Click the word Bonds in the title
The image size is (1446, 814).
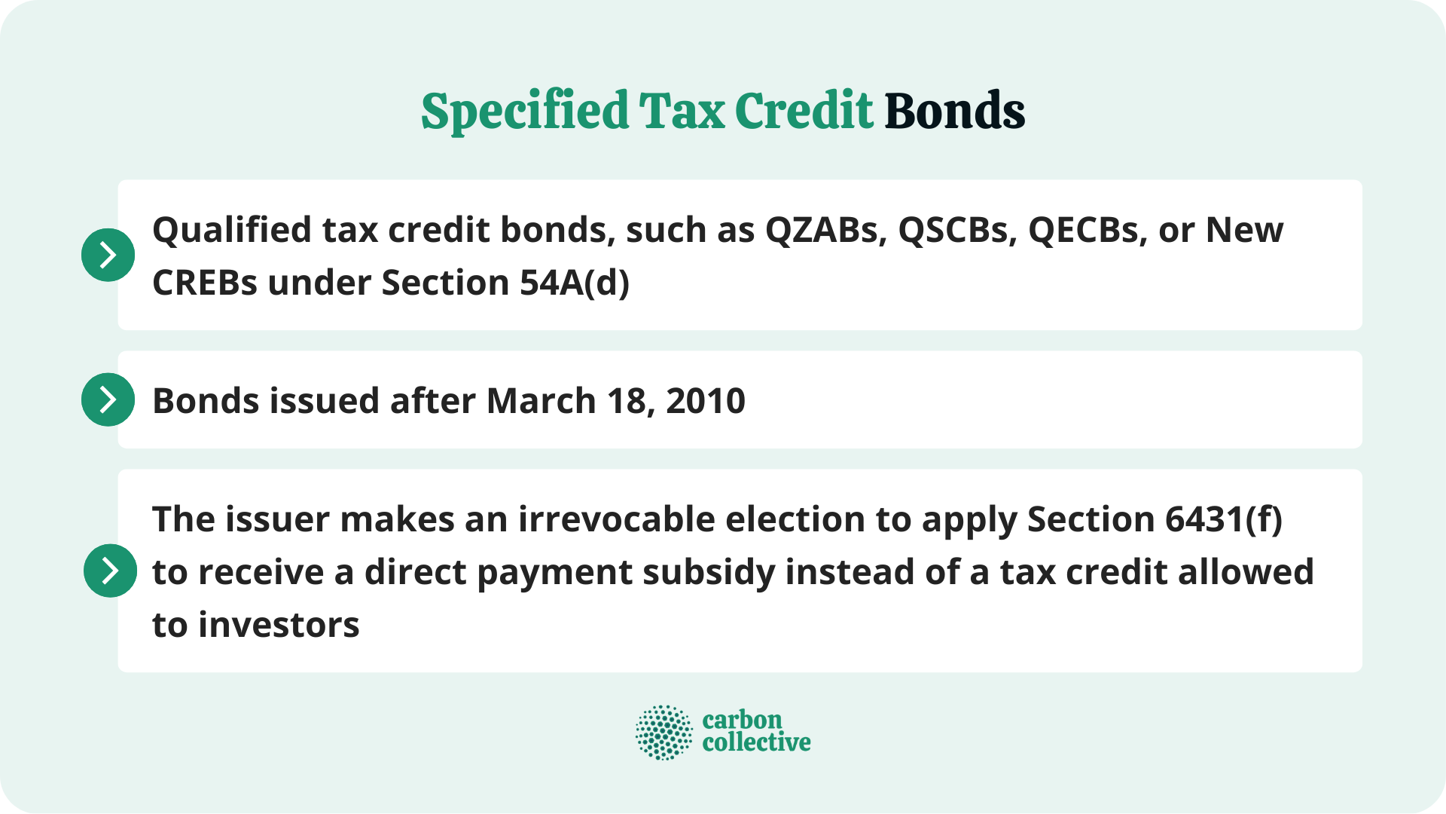[954, 111]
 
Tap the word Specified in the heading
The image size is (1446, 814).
[524, 111]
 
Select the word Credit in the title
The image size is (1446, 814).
[804, 111]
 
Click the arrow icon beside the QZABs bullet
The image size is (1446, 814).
[108, 255]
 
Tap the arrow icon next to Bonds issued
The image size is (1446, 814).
[108, 399]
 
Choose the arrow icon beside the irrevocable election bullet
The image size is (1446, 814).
[110, 571]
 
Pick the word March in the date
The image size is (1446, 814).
[541, 401]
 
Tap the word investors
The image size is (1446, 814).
[279, 625]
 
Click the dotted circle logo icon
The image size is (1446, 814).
[664, 732]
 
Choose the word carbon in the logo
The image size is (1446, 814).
[742, 720]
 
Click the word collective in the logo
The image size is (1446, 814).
[756, 742]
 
